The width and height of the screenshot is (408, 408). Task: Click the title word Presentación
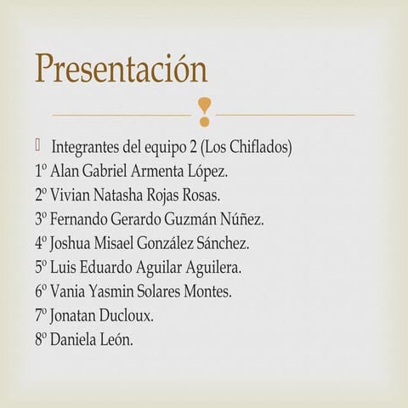(x=121, y=68)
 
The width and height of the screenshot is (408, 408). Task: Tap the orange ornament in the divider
(x=204, y=108)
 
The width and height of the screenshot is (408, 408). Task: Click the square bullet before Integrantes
(x=38, y=144)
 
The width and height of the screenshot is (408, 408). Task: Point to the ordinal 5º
(x=42, y=268)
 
